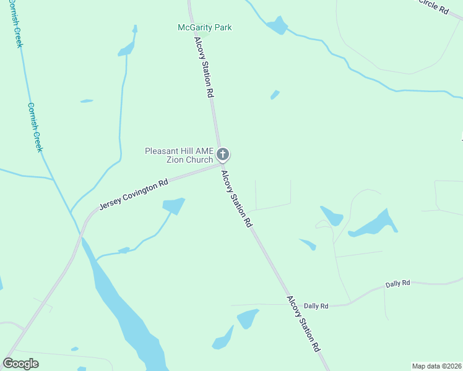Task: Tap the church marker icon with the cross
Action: click(223, 154)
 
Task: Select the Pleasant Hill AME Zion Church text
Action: click(178, 155)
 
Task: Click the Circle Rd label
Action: click(433, 6)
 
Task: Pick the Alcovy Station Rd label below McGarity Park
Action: click(204, 67)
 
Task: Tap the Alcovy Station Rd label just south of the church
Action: click(237, 199)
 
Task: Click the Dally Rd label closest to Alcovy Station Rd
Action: click(316, 305)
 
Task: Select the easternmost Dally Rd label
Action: click(397, 283)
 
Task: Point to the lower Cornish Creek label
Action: click(35, 127)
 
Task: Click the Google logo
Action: click(21, 364)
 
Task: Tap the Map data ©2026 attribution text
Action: click(436, 366)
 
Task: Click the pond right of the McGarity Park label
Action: click(277, 25)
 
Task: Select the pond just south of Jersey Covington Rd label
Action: click(174, 205)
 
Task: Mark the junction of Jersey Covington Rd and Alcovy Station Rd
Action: click(222, 165)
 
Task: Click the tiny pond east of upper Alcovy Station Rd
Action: click(274, 95)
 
